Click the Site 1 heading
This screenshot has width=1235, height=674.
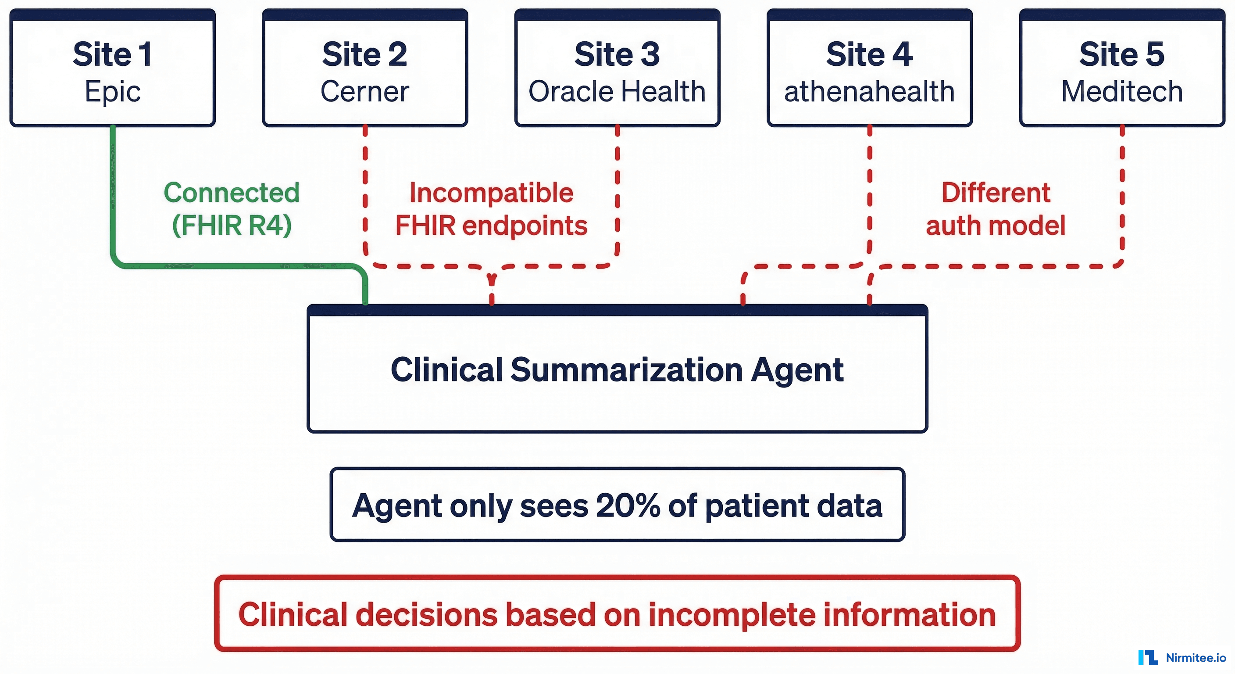pyautogui.click(x=113, y=54)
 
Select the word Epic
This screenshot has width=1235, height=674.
pyautogui.click(x=113, y=91)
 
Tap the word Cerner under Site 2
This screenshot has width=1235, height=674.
pyautogui.click(x=365, y=91)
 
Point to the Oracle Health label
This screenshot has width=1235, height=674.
pyautogui.click(x=617, y=91)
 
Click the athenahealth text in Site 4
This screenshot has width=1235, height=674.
pyautogui.click(x=869, y=91)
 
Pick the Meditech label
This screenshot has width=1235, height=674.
pyautogui.click(x=1122, y=91)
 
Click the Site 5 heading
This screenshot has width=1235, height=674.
pyautogui.click(x=1122, y=54)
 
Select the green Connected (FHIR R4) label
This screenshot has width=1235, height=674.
pyautogui.click(x=232, y=209)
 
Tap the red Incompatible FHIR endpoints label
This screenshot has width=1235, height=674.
pyautogui.click(x=491, y=209)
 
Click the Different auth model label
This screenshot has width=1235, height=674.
pyautogui.click(x=996, y=209)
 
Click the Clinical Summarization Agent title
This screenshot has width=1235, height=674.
pyautogui.click(x=617, y=370)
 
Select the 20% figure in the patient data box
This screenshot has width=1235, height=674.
pyautogui.click(x=628, y=505)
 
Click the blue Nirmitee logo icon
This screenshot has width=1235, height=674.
pyautogui.click(x=1148, y=658)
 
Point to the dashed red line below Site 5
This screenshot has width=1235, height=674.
pyautogui.click(x=1122, y=192)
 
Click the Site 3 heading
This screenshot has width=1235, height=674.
pyautogui.click(x=617, y=54)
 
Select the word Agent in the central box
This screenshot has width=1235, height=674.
pyautogui.click(x=797, y=370)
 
